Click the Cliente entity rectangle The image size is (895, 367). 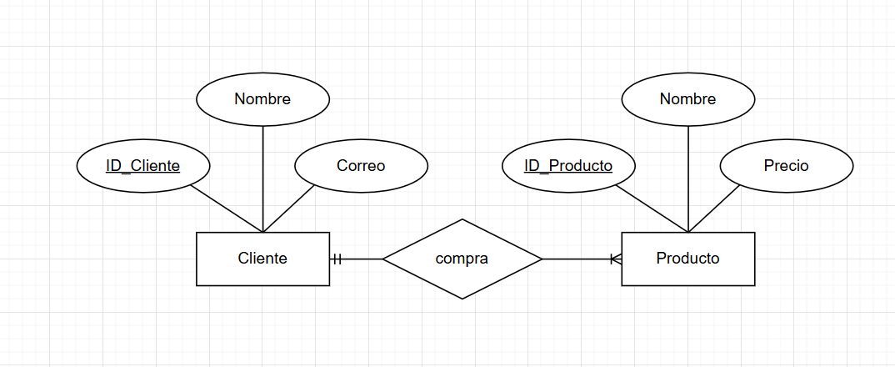pos(262,259)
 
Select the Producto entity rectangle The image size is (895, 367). pos(687,259)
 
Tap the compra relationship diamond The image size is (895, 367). pos(462,259)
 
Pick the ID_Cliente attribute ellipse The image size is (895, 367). pos(142,166)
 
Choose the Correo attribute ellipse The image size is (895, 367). pos(361,166)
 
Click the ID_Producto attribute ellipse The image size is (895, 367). pos(568,166)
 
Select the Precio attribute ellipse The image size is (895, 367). pos(786,166)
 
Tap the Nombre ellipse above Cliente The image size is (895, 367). pos(262,99)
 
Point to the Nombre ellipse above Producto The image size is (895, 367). pos(687,99)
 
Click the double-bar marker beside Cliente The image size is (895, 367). pos(337,259)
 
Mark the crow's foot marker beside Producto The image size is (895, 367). pos(615,259)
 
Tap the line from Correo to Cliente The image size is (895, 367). pos(289,209)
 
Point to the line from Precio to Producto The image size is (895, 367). pos(714,209)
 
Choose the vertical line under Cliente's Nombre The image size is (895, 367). pos(262,175)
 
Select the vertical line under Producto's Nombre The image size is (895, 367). pos(688,175)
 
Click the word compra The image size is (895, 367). pos(462,259)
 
